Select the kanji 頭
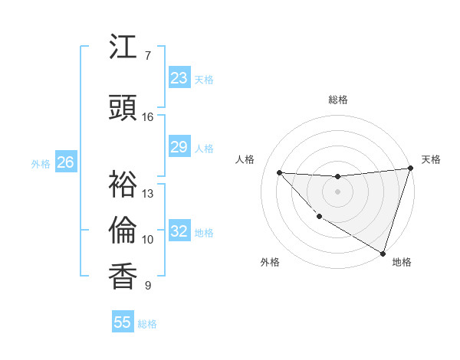click(x=123, y=108)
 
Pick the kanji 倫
click(x=123, y=229)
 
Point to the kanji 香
click(x=123, y=275)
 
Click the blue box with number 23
click(x=179, y=78)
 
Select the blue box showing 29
click(x=179, y=147)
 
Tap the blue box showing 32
click(x=179, y=231)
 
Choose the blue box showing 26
click(x=66, y=162)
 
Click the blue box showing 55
click(x=123, y=322)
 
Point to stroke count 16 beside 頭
click(x=148, y=117)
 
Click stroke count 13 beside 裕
click(x=148, y=194)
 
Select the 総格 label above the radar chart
click(x=338, y=100)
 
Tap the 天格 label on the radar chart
click(x=431, y=159)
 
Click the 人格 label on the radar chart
click(x=245, y=159)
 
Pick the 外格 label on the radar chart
click(x=270, y=262)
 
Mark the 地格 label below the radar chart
click(x=402, y=262)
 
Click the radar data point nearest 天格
click(x=411, y=169)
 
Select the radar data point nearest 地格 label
click(x=383, y=253)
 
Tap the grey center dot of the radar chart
click(x=337, y=191)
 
